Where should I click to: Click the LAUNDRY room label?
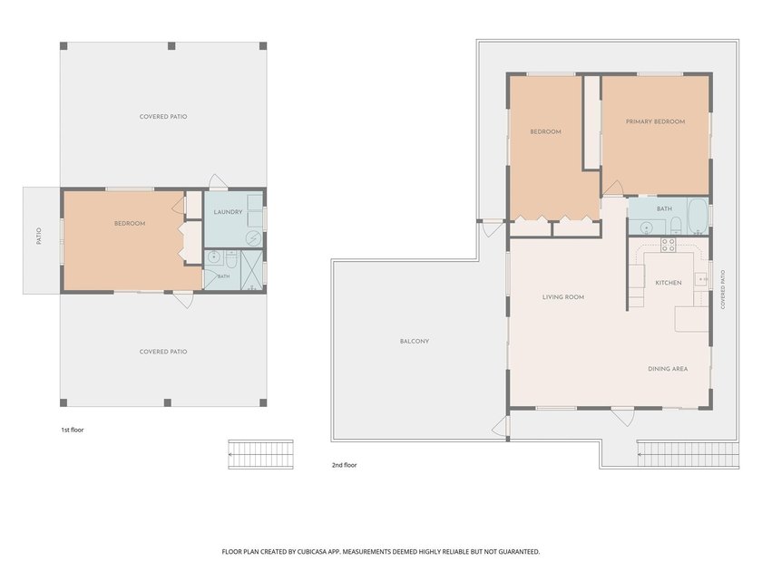coord(228,212)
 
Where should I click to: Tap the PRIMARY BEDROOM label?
coord(655,121)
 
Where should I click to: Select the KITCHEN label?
coord(669,283)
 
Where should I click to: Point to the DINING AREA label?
coord(668,369)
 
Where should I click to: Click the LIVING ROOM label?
coord(563,296)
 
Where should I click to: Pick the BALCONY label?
coord(415,342)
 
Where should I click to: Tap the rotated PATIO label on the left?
coord(39,236)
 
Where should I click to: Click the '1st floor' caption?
coord(73,430)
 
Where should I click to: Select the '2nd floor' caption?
coord(344,465)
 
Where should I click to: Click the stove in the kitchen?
coord(668,245)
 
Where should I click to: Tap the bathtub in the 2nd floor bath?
coord(698,216)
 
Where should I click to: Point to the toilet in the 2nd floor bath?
coord(676,226)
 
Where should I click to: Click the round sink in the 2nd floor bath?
coord(646,227)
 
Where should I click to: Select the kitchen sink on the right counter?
coord(700,279)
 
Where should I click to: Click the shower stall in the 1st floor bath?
coord(252,270)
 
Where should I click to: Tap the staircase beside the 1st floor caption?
coord(261,454)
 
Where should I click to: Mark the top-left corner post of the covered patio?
coord(63,46)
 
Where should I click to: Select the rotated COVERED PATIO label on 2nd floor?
coord(723,290)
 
